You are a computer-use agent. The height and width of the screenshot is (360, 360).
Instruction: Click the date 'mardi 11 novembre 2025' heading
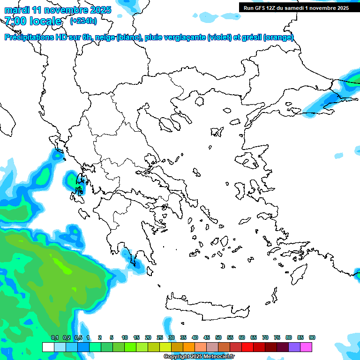(58, 10)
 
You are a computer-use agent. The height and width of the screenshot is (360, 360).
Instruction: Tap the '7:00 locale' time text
(33, 21)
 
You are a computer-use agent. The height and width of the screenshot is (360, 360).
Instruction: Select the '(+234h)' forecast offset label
(83, 21)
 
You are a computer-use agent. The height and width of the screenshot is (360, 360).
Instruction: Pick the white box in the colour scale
(48, 347)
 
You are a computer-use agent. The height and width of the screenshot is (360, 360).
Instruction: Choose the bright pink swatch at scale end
(306, 347)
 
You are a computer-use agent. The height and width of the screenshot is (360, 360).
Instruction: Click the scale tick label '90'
(312, 337)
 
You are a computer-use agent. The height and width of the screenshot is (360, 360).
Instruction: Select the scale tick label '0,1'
(54, 337)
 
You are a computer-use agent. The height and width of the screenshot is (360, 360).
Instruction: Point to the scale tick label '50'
(218, 337)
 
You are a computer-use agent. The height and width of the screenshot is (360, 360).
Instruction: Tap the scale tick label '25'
(160, 337)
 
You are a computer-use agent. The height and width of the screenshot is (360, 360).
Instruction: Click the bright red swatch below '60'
(247, 347)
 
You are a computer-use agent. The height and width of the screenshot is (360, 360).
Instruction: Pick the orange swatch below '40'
(189, 347)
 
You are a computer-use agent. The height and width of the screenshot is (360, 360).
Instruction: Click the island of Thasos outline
(200, 101)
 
